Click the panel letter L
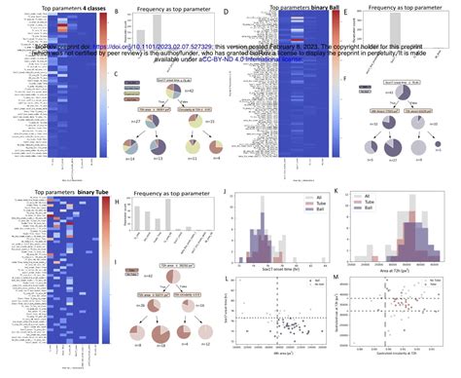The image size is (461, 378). tap(226, 280)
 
